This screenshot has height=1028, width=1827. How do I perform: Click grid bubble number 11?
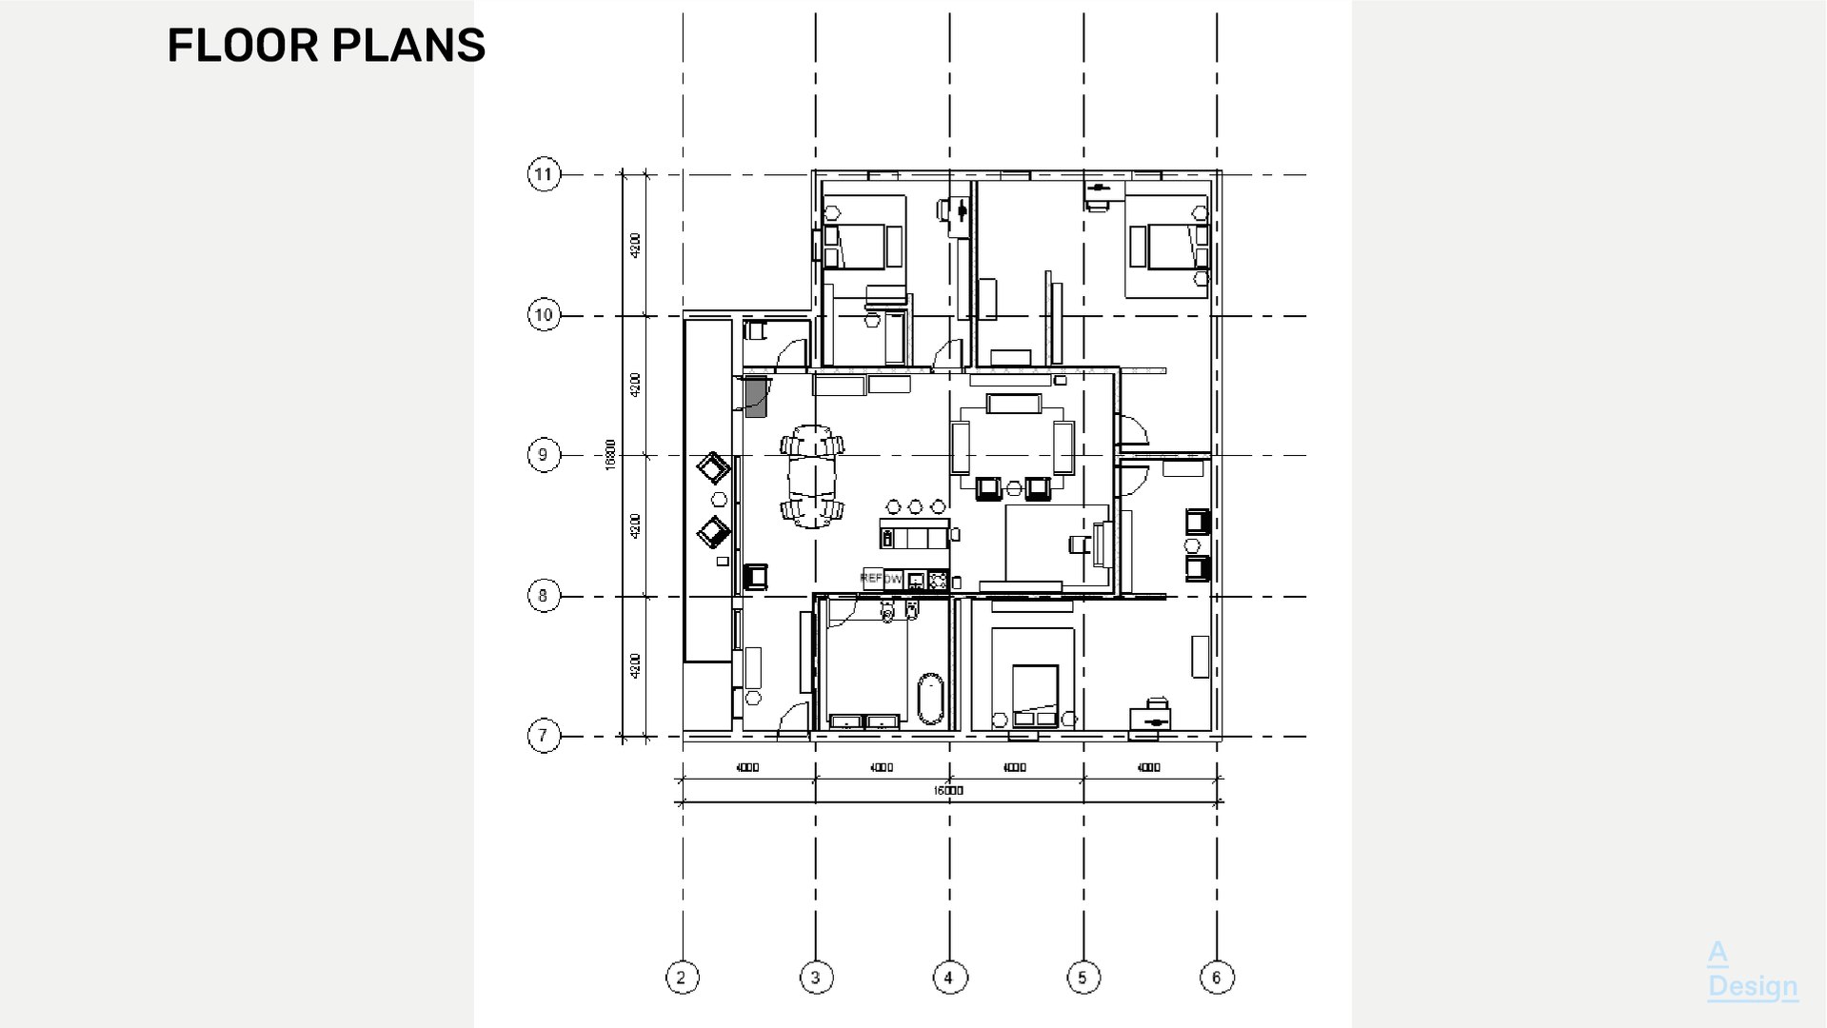(x=544, y=174)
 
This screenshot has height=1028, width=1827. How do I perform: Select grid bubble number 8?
(x=544, y=597)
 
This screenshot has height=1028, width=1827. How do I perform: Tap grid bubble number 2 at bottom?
(x=682, y=978)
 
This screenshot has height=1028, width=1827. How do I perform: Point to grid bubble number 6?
(x=1217, y=978)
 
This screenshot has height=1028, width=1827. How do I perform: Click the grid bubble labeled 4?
(x=949, y=978)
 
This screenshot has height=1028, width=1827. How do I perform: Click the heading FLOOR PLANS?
(x=326, y=46)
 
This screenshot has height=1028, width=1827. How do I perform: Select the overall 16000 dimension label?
(x=948, y=791)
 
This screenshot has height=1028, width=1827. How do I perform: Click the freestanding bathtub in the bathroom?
(x=930, y=700)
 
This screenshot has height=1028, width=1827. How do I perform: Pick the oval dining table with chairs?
(x=812, y=477)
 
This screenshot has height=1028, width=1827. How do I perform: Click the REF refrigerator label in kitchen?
(x=871, y=578)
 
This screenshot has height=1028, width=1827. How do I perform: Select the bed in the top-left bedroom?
(x=863, y=246)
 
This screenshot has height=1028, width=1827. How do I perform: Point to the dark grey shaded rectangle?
(x=756, y=396)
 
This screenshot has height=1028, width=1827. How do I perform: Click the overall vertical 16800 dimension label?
(x=610, y=454)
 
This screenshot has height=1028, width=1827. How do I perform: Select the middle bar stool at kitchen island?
(x=916, y=506)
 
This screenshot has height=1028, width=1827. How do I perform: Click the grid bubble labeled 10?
(x=544, y=315)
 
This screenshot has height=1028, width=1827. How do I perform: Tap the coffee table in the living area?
(x=1013, y=404)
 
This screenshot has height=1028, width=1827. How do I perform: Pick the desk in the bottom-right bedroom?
(x=1150, y=720)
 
